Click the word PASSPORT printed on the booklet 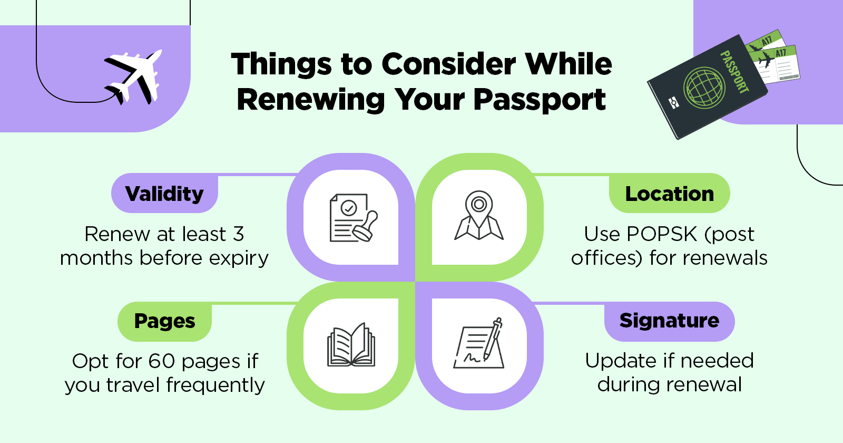click(734, 72)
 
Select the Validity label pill click(164, 194)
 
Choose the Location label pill click(669, 194)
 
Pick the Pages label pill click(164, 321)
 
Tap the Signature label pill click(669, 321)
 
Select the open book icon click(351, 345)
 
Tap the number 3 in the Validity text click(239, 234)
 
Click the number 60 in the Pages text click(161, 361)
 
